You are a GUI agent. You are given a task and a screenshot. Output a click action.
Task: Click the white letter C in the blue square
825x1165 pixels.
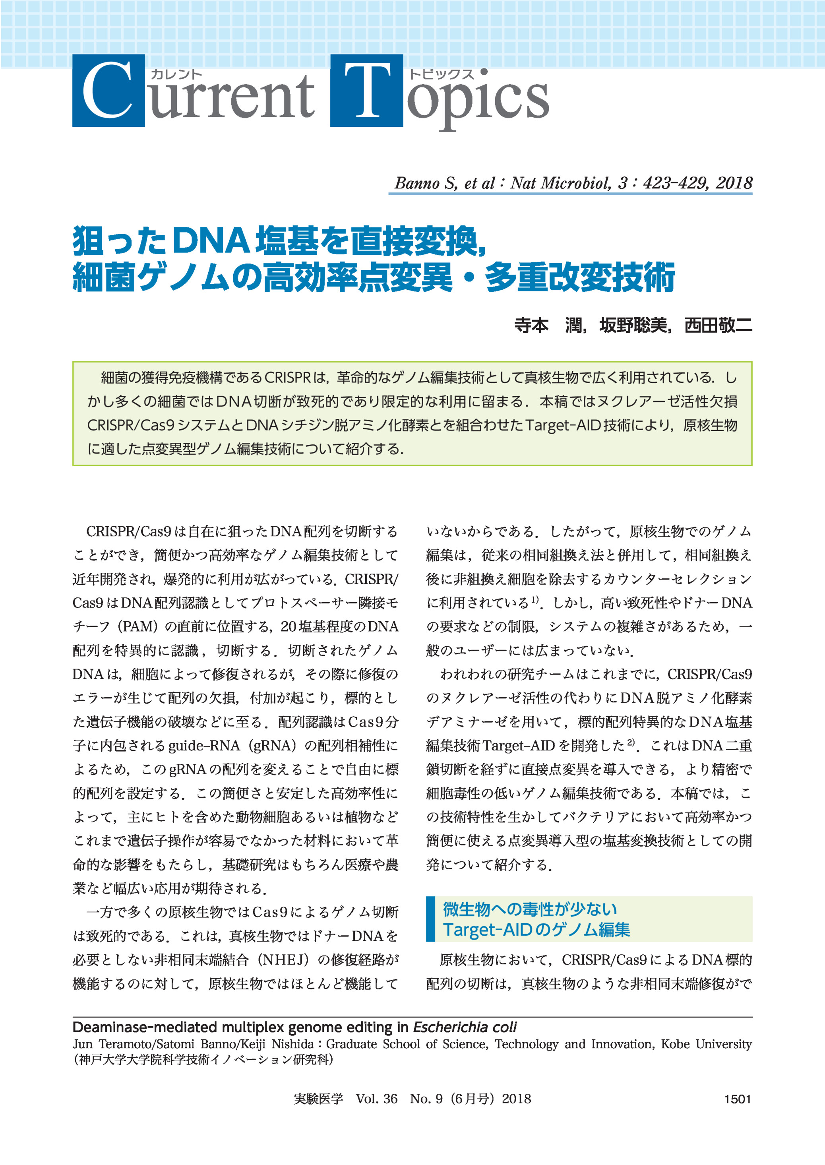[x=107, y=91]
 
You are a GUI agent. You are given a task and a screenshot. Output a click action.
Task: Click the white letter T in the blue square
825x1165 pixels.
[x=367, y=91]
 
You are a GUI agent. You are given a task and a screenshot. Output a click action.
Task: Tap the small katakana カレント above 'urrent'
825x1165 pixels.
[x=177, y=74]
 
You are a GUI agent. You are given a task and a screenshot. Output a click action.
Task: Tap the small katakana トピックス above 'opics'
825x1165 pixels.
[x=442, y=74]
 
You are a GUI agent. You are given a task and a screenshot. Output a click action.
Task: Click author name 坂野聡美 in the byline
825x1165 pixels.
[x=633, y=325]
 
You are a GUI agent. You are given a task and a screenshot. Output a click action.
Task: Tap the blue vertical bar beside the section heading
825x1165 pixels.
[x=431, y=919]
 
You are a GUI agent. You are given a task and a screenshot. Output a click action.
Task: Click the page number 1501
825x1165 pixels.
[x=737, y=1099]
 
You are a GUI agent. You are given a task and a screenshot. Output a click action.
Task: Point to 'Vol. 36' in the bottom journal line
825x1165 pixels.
[x=376, y=1099]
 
